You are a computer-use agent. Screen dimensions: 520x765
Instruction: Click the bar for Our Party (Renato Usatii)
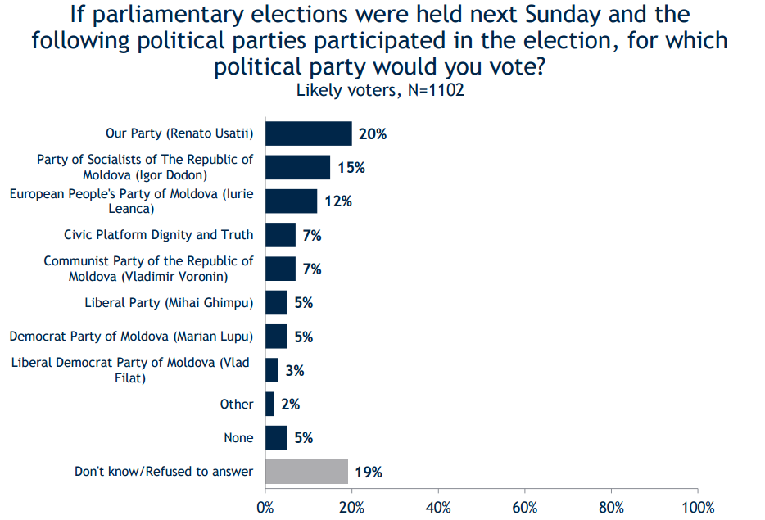coord(309,133)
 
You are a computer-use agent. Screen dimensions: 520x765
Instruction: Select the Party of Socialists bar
coord(298,167)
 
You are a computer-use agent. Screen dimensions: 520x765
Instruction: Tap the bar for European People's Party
coord(292,201)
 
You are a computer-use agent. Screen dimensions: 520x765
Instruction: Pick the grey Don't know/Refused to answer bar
coord(307,471)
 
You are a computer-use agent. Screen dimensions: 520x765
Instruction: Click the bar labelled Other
coord(270,404)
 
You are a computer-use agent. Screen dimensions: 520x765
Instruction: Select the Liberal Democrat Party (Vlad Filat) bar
coord(272,370)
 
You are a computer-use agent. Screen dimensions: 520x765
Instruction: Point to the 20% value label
coord(373,134)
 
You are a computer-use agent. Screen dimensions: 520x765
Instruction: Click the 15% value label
coord(351,168)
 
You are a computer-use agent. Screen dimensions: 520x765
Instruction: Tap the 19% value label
coord(369,472)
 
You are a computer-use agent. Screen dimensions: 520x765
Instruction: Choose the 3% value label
coord(295,371)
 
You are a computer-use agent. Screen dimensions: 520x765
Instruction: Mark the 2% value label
coord(291,405)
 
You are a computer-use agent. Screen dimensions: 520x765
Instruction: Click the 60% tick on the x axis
coord(524,507)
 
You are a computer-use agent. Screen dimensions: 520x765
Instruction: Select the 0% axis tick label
coord(265,507)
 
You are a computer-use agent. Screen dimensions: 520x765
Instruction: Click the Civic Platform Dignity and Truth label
coord(159,235)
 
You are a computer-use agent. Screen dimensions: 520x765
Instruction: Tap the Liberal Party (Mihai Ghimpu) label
coord(169,303)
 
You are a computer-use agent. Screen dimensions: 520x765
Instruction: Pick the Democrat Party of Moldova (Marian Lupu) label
coord(131,337)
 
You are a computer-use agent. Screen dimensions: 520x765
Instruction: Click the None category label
coord(238,438)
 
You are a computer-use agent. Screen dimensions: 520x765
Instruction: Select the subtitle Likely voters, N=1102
coord(380,90)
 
